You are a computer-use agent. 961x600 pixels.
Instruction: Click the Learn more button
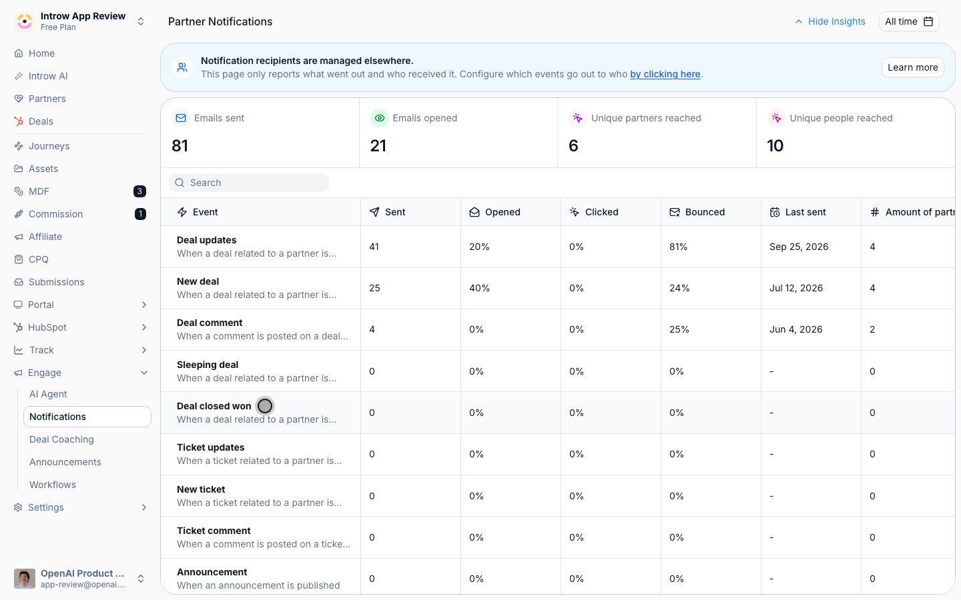(x=912, y=67)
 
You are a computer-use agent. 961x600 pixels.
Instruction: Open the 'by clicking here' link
(x=665, y=74)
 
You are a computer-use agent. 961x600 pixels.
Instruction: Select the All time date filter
(x=909, y=21)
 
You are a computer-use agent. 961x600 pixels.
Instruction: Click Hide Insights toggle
(x=830, y=21)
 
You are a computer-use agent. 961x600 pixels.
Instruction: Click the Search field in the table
(x=249, y=183)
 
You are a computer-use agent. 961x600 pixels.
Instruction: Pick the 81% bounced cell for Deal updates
(x=678, y=247)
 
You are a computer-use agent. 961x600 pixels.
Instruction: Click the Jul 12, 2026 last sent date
(x=795, y=288)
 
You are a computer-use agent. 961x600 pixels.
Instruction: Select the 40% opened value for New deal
(x=479, y=288)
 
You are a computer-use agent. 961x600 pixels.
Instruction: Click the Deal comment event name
(x=210, y=323)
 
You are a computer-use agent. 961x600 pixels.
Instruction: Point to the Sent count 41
(x=374, y=247)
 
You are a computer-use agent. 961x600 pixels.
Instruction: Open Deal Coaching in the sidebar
(x=61, y=439)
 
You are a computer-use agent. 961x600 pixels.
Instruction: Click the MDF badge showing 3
(x=139, y=191)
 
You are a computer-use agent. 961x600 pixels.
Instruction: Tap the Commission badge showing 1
(x=140, y=214)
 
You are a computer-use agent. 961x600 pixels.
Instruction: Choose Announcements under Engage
(x=65, y=462)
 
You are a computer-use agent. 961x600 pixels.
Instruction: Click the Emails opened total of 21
(x=378, y=146)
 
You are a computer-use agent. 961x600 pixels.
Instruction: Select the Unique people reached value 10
(x=775, y=146)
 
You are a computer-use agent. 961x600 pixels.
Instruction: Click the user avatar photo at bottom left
(x=25, y=579)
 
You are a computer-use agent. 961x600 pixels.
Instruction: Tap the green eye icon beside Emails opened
(x=379, y=118)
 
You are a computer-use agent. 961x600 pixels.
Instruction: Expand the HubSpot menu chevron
(x=144, y=327)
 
